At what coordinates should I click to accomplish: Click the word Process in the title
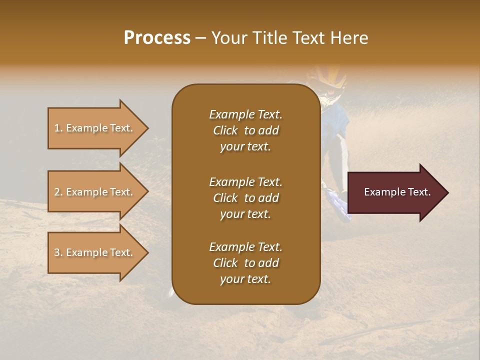click(x=157, y=37)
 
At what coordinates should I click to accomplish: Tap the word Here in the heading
click(x=349, y=37)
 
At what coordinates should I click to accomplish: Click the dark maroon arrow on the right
click(x=395, y=192)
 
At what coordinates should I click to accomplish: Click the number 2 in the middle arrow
click(x=57, y=192)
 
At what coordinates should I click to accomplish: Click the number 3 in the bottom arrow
click(x=57, y=252)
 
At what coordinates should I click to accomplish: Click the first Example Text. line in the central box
click(x=245, y=114)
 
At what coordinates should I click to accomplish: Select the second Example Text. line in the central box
click(x=245, y=181)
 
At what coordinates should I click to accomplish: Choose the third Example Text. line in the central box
click(x=245, y=247)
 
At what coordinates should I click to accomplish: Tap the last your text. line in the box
click(x=245, y=279)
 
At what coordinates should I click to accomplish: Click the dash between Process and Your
click(x=201, y=38)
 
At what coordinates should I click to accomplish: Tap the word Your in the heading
click(x=228, y=37)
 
